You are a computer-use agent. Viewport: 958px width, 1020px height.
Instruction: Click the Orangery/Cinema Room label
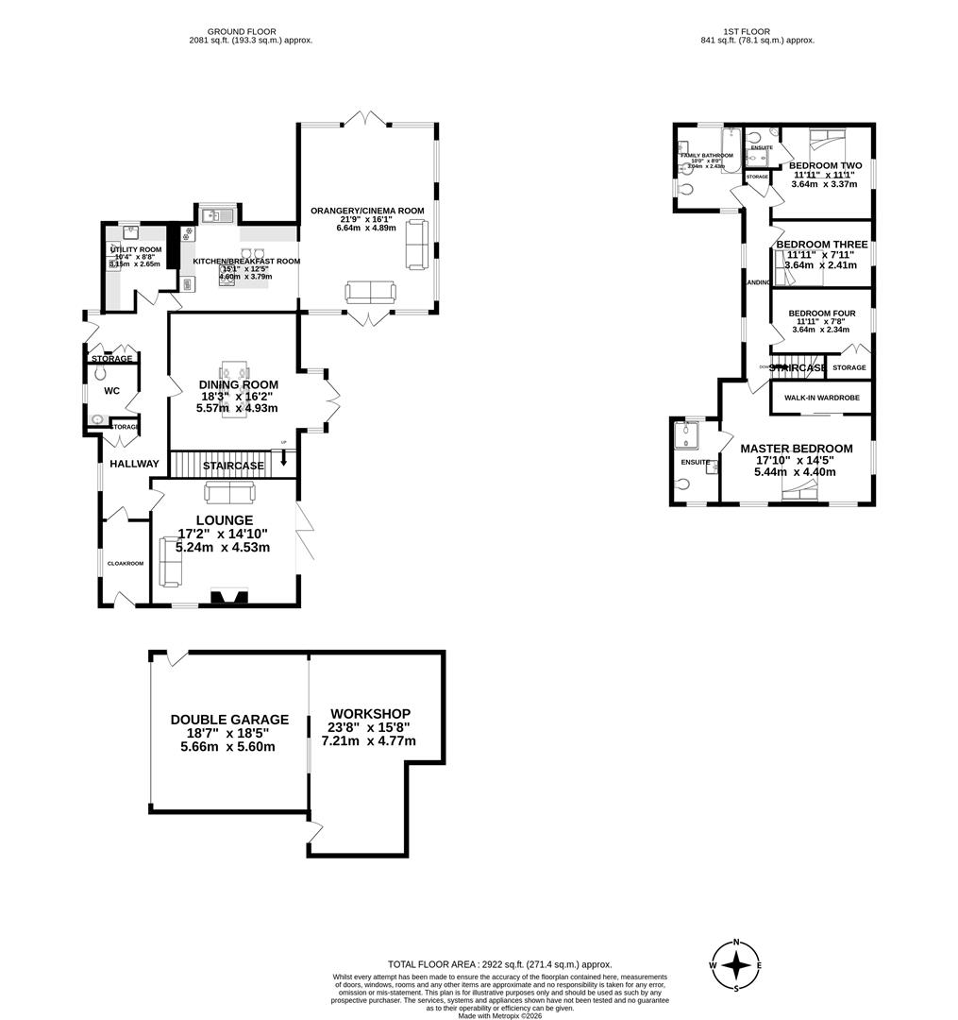(x=367, y=211)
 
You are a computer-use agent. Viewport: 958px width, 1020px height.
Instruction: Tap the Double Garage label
(x=229, y=720)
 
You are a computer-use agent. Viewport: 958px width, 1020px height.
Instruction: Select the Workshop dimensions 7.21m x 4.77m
(x=370, y=740)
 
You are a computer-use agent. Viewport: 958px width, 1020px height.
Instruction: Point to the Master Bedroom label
(x=796, y=449)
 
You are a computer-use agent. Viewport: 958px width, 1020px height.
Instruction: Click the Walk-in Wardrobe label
(x=821, y=398)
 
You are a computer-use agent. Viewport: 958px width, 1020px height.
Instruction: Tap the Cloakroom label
(x=125, y=564)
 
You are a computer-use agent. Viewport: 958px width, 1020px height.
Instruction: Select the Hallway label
(x=134, y=464)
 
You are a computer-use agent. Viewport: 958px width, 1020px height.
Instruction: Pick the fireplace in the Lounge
(x=228, y=596)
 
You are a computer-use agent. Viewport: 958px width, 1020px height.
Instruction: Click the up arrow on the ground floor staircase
(x=284, y=463)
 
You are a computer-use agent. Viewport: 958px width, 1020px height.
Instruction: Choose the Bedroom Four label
(x=821, y=314)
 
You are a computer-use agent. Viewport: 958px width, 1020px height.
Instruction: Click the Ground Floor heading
(x=250, y=30)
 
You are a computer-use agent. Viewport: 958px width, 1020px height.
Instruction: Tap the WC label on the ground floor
(x=111, y=390)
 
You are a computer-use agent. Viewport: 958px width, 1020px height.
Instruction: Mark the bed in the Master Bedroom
(x=801, y=488)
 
